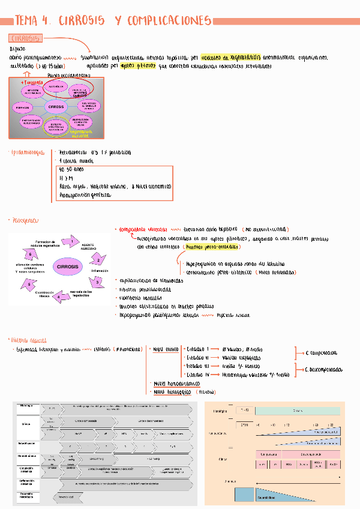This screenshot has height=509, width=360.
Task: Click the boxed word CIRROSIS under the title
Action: [x=25, y=39]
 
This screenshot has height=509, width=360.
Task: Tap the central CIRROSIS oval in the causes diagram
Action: [x=56, y=107]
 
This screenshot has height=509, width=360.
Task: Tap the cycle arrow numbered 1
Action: [x=72, y=242]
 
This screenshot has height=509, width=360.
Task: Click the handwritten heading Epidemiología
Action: [x=27, y=153]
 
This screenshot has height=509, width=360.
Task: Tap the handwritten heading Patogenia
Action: [x=24, y=221]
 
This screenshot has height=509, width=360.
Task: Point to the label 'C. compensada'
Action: [x=322, y=354]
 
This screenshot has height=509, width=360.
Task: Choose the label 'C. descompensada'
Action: [x=324, y=370]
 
